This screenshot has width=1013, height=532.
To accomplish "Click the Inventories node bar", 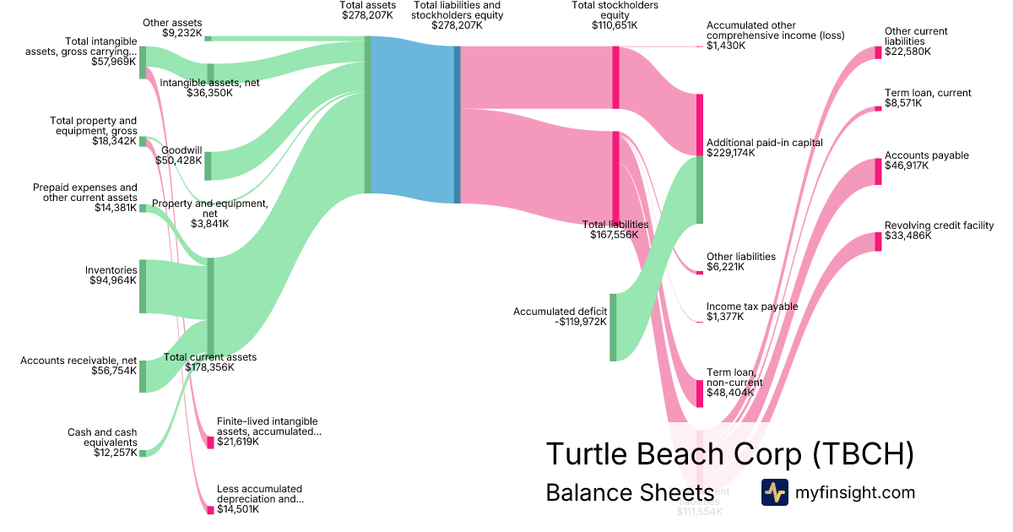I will (x=143, y=286).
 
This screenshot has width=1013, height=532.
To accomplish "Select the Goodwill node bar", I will (x=209, y=166).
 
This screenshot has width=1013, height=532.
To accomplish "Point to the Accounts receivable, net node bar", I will (x=143, y=376).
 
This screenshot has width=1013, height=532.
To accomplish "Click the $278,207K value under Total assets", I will (x=368, y=15).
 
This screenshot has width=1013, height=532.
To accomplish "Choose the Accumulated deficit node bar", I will (x=614, y=327).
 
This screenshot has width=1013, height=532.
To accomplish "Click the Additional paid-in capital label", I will (x=764, y=143).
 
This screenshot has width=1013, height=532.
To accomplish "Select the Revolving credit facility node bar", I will (x=878, y=241).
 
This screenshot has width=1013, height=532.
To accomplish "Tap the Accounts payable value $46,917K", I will (x=907, y=166).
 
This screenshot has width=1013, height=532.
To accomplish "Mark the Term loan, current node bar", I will (x=878, y=108).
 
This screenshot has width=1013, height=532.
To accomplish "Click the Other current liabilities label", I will (x=916, y=36).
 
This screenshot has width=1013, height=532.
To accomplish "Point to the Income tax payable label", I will (x=751, y=307).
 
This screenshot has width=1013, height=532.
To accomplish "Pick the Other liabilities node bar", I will (x=700, y=272).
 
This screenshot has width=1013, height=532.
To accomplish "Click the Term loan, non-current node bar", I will (x=700, y=393).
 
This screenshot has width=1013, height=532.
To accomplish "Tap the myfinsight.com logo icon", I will (x=774, y=491).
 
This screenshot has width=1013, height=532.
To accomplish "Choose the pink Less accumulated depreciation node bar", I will (x=210, y=510).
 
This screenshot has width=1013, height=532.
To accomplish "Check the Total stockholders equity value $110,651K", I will (x=615, y=26).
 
